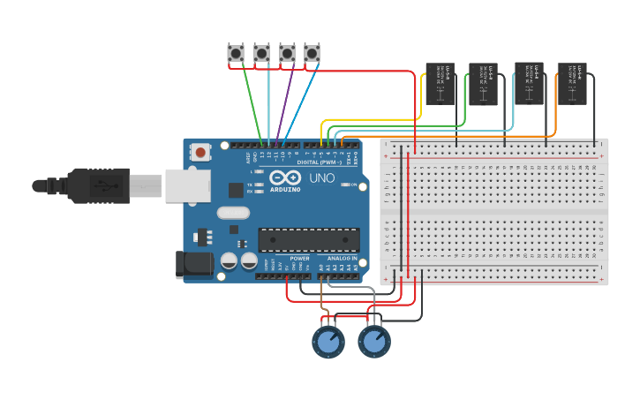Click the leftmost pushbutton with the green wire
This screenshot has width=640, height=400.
[x=236, y=54]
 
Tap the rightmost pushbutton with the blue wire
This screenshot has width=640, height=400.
[x=312, y=54]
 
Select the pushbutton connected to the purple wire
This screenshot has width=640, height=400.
[x=287, y=54]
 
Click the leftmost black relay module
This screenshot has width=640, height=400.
[x=440, y=84]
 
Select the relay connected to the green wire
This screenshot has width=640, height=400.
[x=483, y=84]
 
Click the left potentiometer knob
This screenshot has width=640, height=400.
[x=328, y=343]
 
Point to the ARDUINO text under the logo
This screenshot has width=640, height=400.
[x=284, y=189]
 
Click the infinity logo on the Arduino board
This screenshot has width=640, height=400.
[x=284, y=177]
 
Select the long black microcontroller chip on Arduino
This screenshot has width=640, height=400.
[x=308, y=239]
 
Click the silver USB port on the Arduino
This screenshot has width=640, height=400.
[x=186, y=185]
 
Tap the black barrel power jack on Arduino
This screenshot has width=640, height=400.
[x=193, y=263]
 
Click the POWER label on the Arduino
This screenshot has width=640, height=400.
[x=299, y=258]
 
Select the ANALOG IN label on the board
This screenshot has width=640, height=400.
[x=342, y=258]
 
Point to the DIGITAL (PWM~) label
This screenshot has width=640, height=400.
[x=321, y=162]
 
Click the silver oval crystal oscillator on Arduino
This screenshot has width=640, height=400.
[x=233, y=212]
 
